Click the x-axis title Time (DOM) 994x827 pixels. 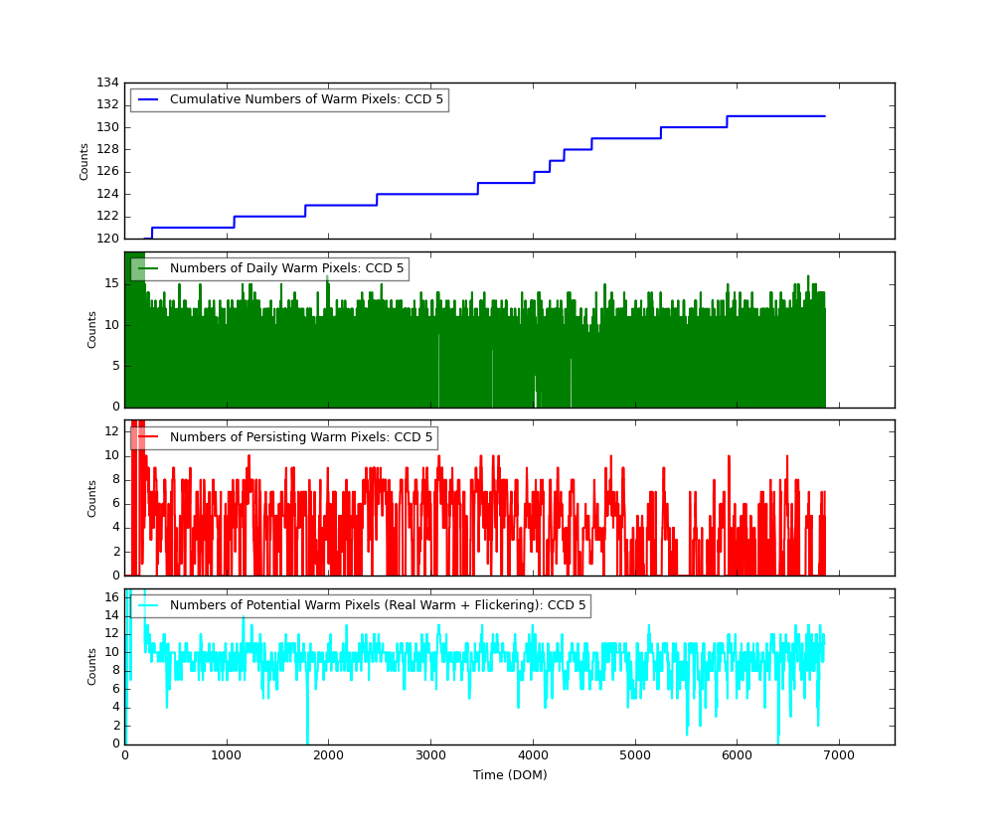(x=509, y=775)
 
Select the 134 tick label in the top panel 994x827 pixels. (x=107, y=83)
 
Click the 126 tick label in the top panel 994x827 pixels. (x=107, y=171)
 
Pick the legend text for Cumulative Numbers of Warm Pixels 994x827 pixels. (x=306, y=99)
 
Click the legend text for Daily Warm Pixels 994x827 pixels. (x=286, y=268)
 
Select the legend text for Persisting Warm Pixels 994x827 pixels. (x=301, y=437)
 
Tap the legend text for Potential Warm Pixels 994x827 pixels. (x=378, y=605)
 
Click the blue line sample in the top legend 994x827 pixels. (x=148, y=99)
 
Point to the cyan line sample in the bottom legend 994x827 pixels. (x=148, y=605)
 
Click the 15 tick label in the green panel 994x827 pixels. (x=110, y=283)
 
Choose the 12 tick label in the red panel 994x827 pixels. (x=110, y=430)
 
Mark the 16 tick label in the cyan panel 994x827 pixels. (x=110, y=597)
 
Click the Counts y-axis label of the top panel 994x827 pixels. (x=84, y=161)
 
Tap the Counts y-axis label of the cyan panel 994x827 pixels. (x=92, y=666)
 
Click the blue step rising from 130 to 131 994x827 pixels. (x=727, y=121)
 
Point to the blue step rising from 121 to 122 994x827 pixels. (x=234, y=222)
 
